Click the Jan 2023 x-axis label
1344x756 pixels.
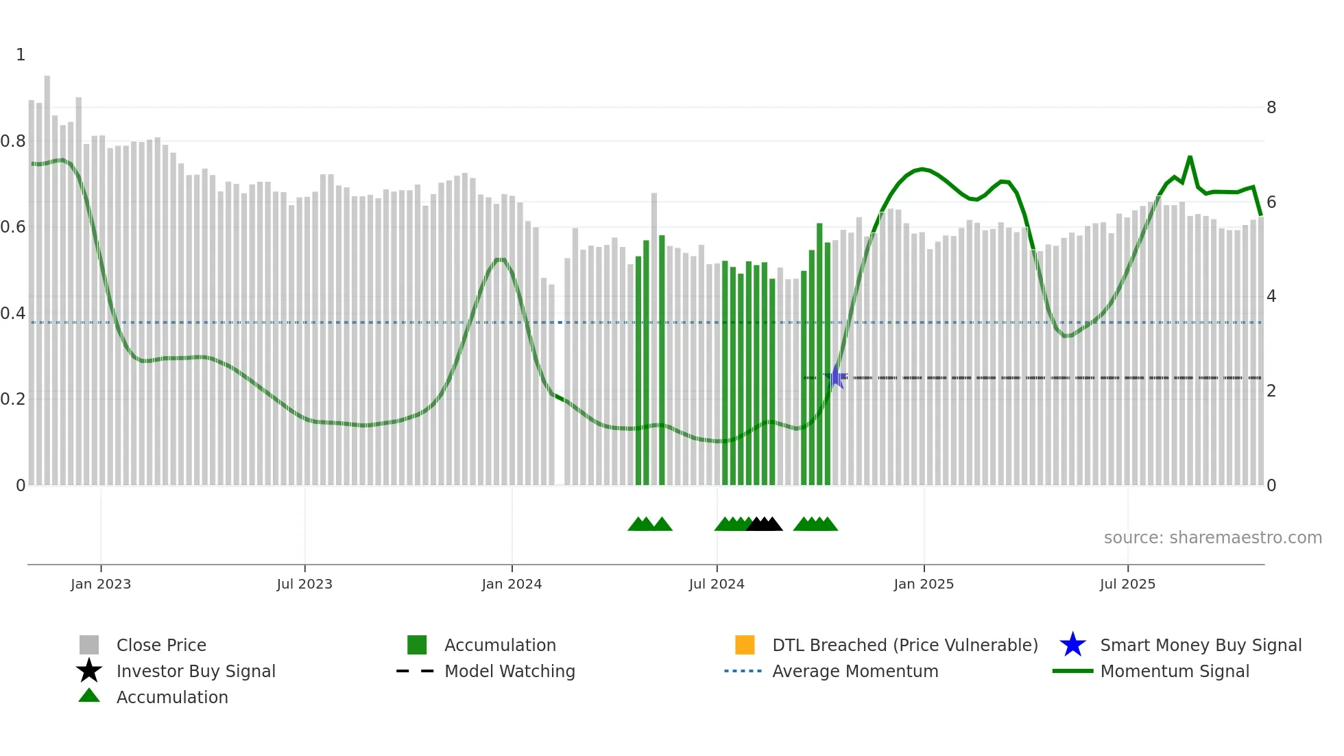[101, 584]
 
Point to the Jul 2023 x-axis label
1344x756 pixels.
[304, 584]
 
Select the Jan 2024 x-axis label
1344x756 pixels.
[512, 584]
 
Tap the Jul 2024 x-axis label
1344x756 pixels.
[717, 584]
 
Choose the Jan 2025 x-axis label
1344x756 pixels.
[924, 584]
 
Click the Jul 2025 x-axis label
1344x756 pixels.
[1127, 584]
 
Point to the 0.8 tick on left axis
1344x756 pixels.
[13, 141]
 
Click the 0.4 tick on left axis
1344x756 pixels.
[13, 314]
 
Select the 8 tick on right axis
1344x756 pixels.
[1271, 108]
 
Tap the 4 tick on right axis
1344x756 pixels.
[1271, 296]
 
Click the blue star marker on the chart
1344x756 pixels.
[837, 377]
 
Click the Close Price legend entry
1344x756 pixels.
[161, 645]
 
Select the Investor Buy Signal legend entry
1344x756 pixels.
[195, 671]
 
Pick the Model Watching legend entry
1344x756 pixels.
[509, 671]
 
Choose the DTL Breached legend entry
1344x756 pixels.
[904, 645]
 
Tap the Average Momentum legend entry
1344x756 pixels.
[855, 671]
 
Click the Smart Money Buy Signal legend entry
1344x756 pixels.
[1201, 645]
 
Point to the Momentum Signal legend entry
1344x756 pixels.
[1175, 671]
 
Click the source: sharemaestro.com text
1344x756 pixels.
[1212, 538]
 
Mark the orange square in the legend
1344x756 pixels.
[745, 645]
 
